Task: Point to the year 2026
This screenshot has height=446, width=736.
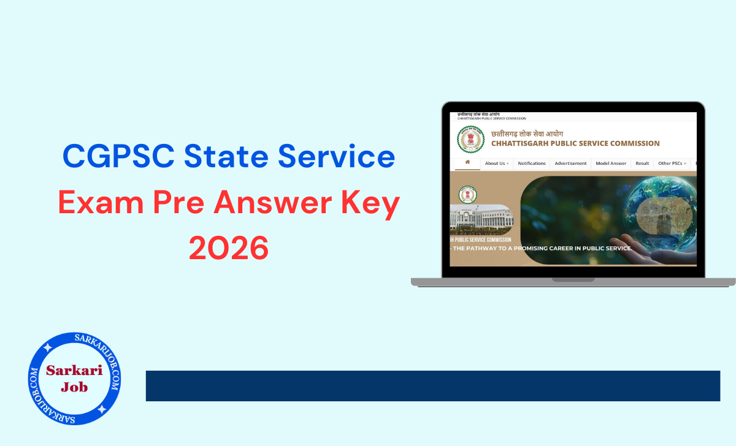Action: (x=229, y=248)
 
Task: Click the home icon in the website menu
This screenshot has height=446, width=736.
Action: (x=467, y=163)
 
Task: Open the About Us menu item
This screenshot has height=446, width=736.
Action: (x=496, y=164)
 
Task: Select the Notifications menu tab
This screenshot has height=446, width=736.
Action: (x=532, y=164)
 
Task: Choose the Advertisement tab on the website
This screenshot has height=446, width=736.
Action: (x=570, y=164)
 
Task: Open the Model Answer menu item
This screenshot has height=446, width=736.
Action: (x=611, y=164)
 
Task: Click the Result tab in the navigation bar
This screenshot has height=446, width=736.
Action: (x=642, y=164)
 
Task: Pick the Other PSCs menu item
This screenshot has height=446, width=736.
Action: (x=672, y=164)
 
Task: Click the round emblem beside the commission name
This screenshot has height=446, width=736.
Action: (x=470, y=140)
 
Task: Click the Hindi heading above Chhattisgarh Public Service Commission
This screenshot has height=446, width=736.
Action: (x=527, y=134)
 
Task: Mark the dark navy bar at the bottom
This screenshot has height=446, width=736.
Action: (x=432, y=386)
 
